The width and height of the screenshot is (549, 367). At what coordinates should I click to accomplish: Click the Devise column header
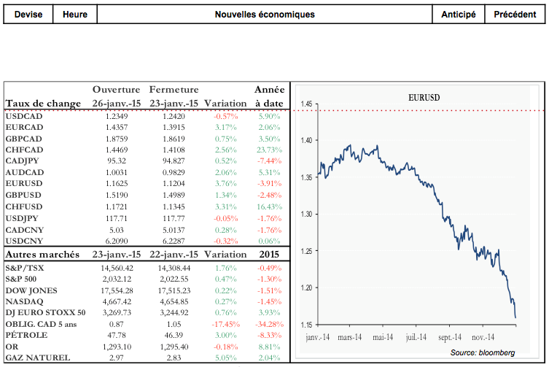tap(27, 15)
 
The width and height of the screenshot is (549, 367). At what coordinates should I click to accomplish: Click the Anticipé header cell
tap(459, 15)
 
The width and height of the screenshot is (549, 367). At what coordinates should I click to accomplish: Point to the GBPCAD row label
tap(25, 139)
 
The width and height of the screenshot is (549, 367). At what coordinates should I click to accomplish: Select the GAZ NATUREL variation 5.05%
tap(224, 358)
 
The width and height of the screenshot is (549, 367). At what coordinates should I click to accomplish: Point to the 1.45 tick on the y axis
tap(306, 105)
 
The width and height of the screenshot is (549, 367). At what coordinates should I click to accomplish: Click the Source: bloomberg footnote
tap(482, 352)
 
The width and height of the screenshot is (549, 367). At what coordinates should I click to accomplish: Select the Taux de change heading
tap(42, 104)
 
